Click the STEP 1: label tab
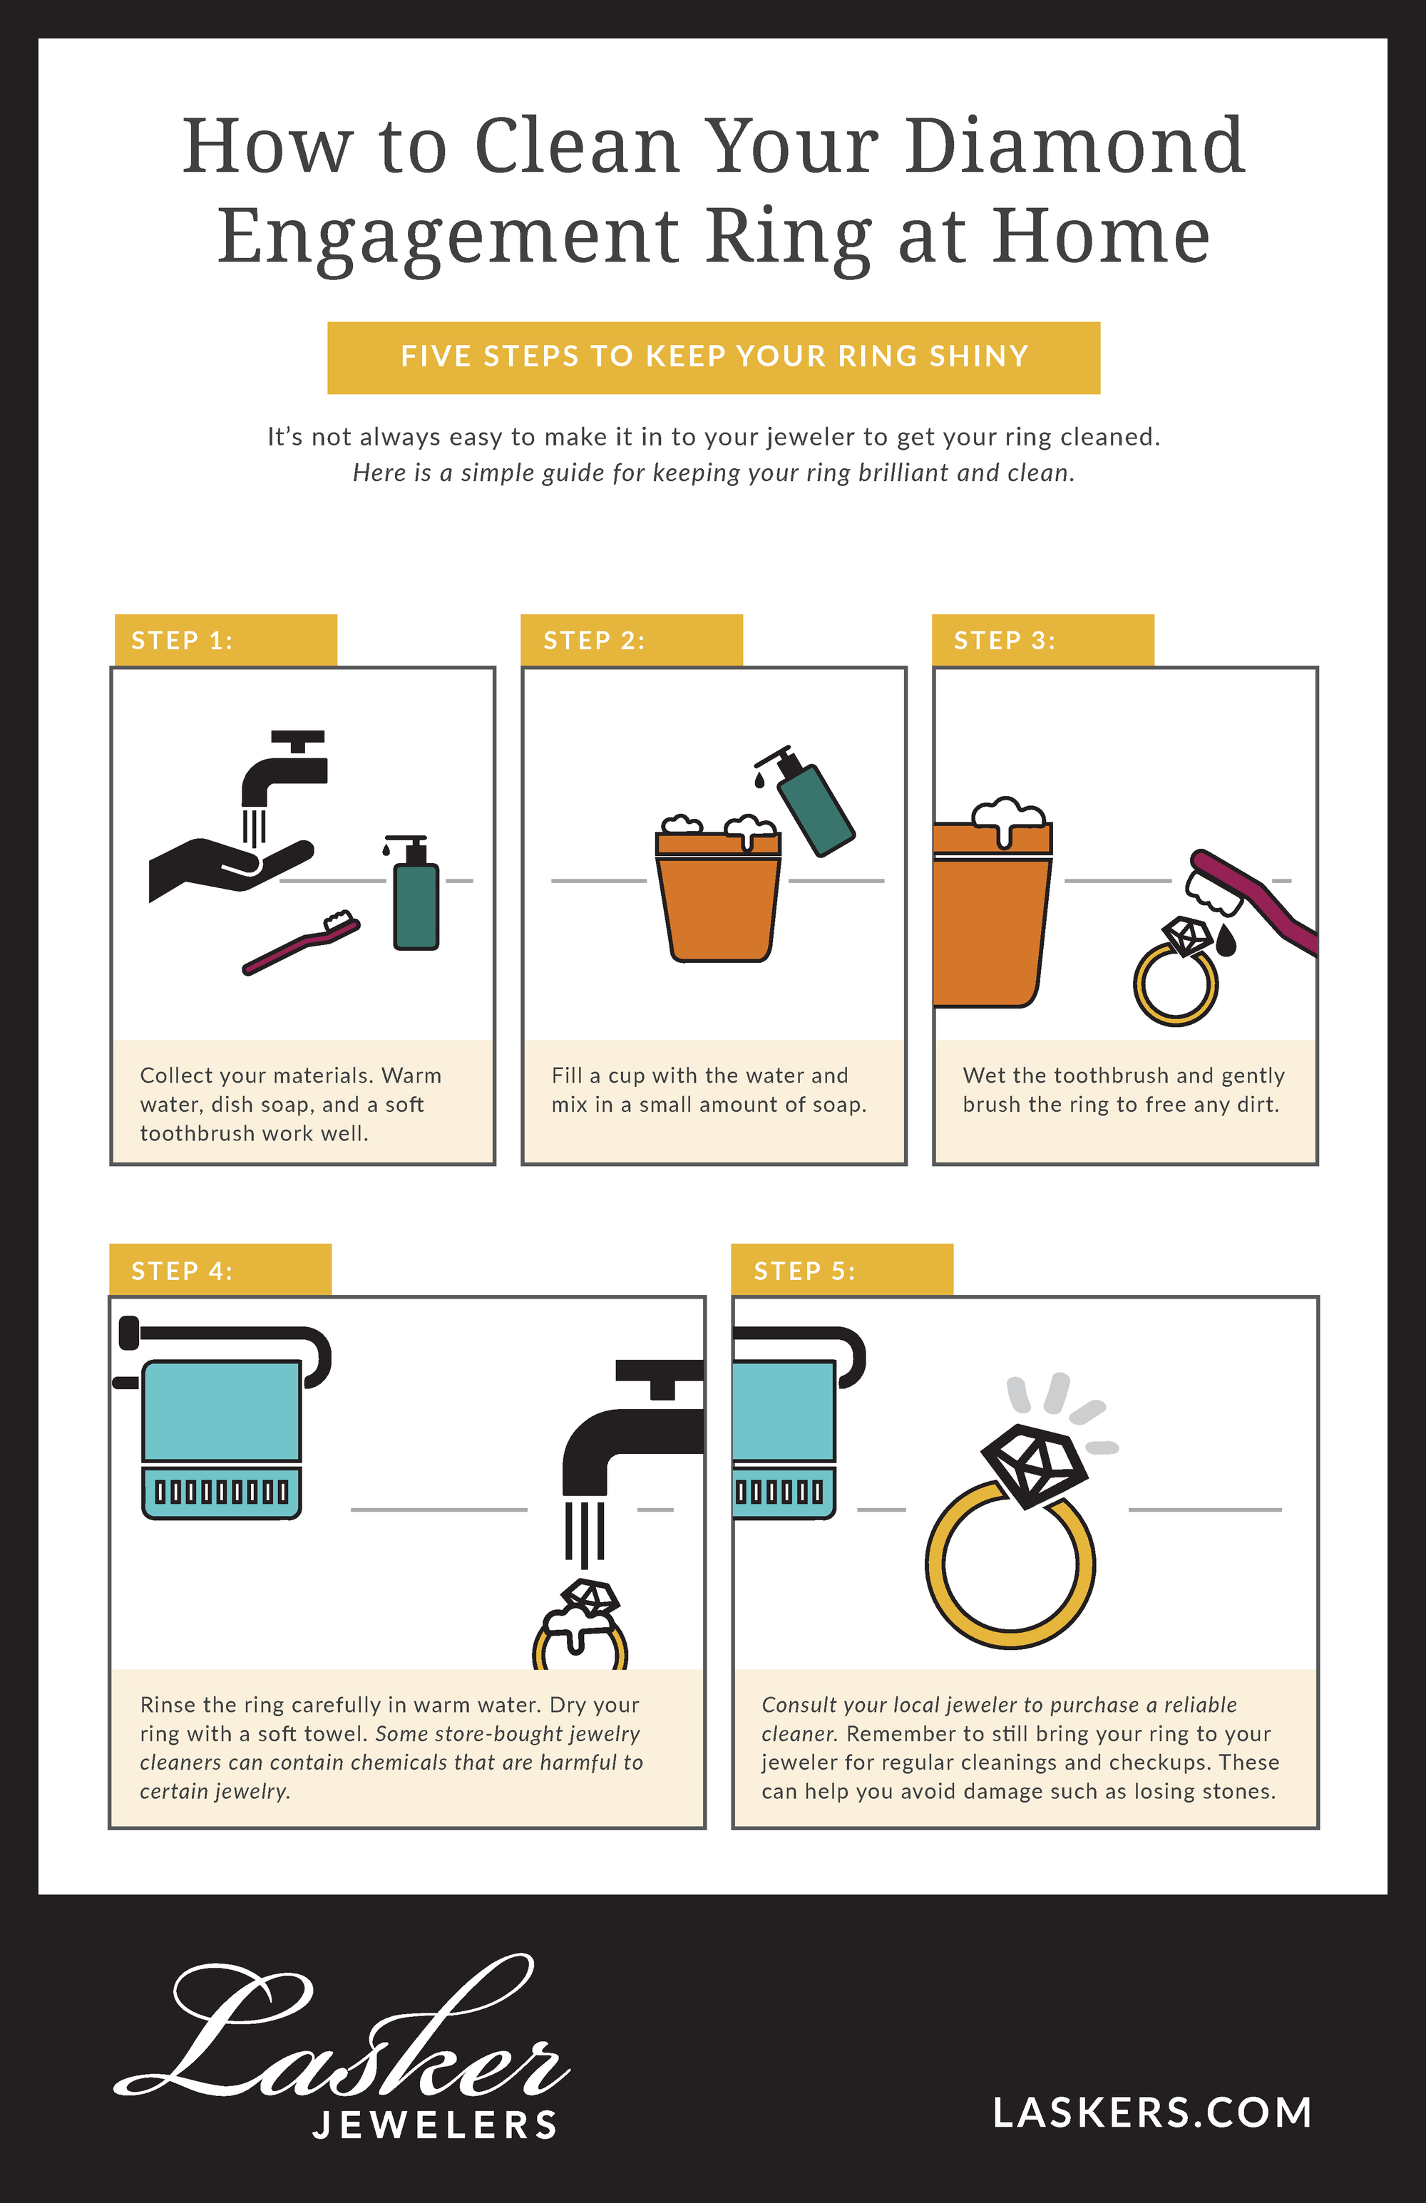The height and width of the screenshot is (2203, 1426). (225, 639)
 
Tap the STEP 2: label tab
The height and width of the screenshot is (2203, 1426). (632, 639)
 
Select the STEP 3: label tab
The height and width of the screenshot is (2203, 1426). (1042, 639)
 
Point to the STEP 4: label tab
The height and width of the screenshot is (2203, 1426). (220, 1269)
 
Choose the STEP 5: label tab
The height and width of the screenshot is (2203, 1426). (842, 1269)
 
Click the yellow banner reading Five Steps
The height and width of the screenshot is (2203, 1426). (713, 357)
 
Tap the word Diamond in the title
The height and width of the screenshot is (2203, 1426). (1075, 145)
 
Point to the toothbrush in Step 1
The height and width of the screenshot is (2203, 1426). (301, 942)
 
